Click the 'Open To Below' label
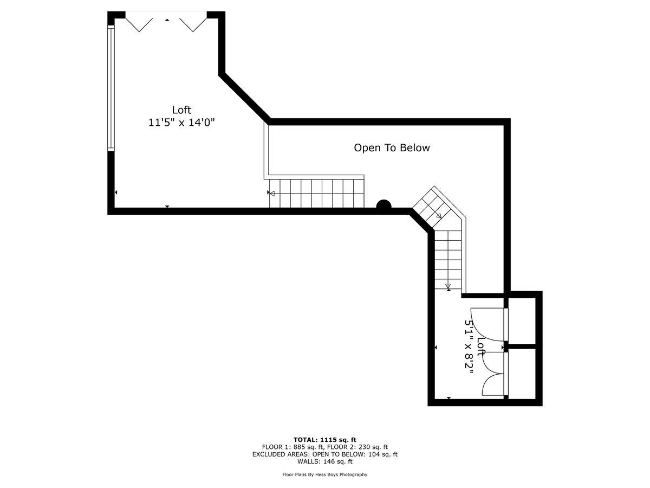click(392, 147)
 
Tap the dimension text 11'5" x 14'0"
click(182, 123)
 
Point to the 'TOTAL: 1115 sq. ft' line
click(324, 440)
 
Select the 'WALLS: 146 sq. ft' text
click(324, 462)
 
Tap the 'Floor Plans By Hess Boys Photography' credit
click(324, 474)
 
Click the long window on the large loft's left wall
click(111, 88)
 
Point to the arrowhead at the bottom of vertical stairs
click(448, 286)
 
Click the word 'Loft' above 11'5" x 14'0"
click(182, 110)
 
